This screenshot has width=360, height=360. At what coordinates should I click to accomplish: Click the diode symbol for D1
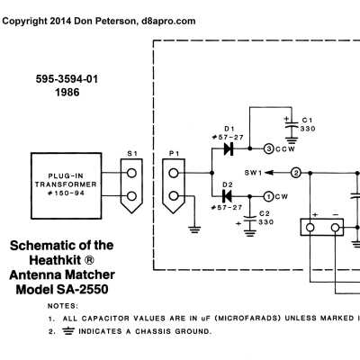[x=229, y=148]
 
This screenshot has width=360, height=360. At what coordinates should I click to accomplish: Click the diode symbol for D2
[x=227, y=196]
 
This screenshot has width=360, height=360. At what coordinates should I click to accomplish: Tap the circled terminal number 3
[x=269, y=148]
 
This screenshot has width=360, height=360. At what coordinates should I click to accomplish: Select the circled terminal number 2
[x=296, y=173]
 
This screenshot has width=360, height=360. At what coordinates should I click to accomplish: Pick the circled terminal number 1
[x=268, y=197]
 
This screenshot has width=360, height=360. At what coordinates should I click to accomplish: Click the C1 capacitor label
[x=307, y=121]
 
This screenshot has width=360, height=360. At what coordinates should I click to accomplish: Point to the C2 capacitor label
[x=265, y=213]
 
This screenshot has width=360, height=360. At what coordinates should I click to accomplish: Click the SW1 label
[x=253, y=173]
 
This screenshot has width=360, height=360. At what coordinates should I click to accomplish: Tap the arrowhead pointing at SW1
[x=269, y=173]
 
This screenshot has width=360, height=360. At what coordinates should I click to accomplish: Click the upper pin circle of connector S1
[x=131, y=173]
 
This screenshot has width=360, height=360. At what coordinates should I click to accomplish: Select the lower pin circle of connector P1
[x=174, y=196]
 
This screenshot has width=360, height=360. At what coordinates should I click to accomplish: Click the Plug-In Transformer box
[x=67, y=185]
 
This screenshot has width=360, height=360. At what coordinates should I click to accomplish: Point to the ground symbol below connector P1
[x=194, y=229]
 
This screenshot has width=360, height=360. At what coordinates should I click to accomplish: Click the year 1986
[x=67, y=93]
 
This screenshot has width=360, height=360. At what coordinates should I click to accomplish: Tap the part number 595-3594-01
[x=67, y=79]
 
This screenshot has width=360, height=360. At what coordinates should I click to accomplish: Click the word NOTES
[x=63, y=306]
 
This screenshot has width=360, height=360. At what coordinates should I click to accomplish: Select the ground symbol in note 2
[x=68, y=331]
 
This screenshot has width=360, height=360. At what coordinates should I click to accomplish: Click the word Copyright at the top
[x=24, y=22]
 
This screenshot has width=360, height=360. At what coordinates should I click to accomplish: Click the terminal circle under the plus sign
[x=310, y=228]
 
